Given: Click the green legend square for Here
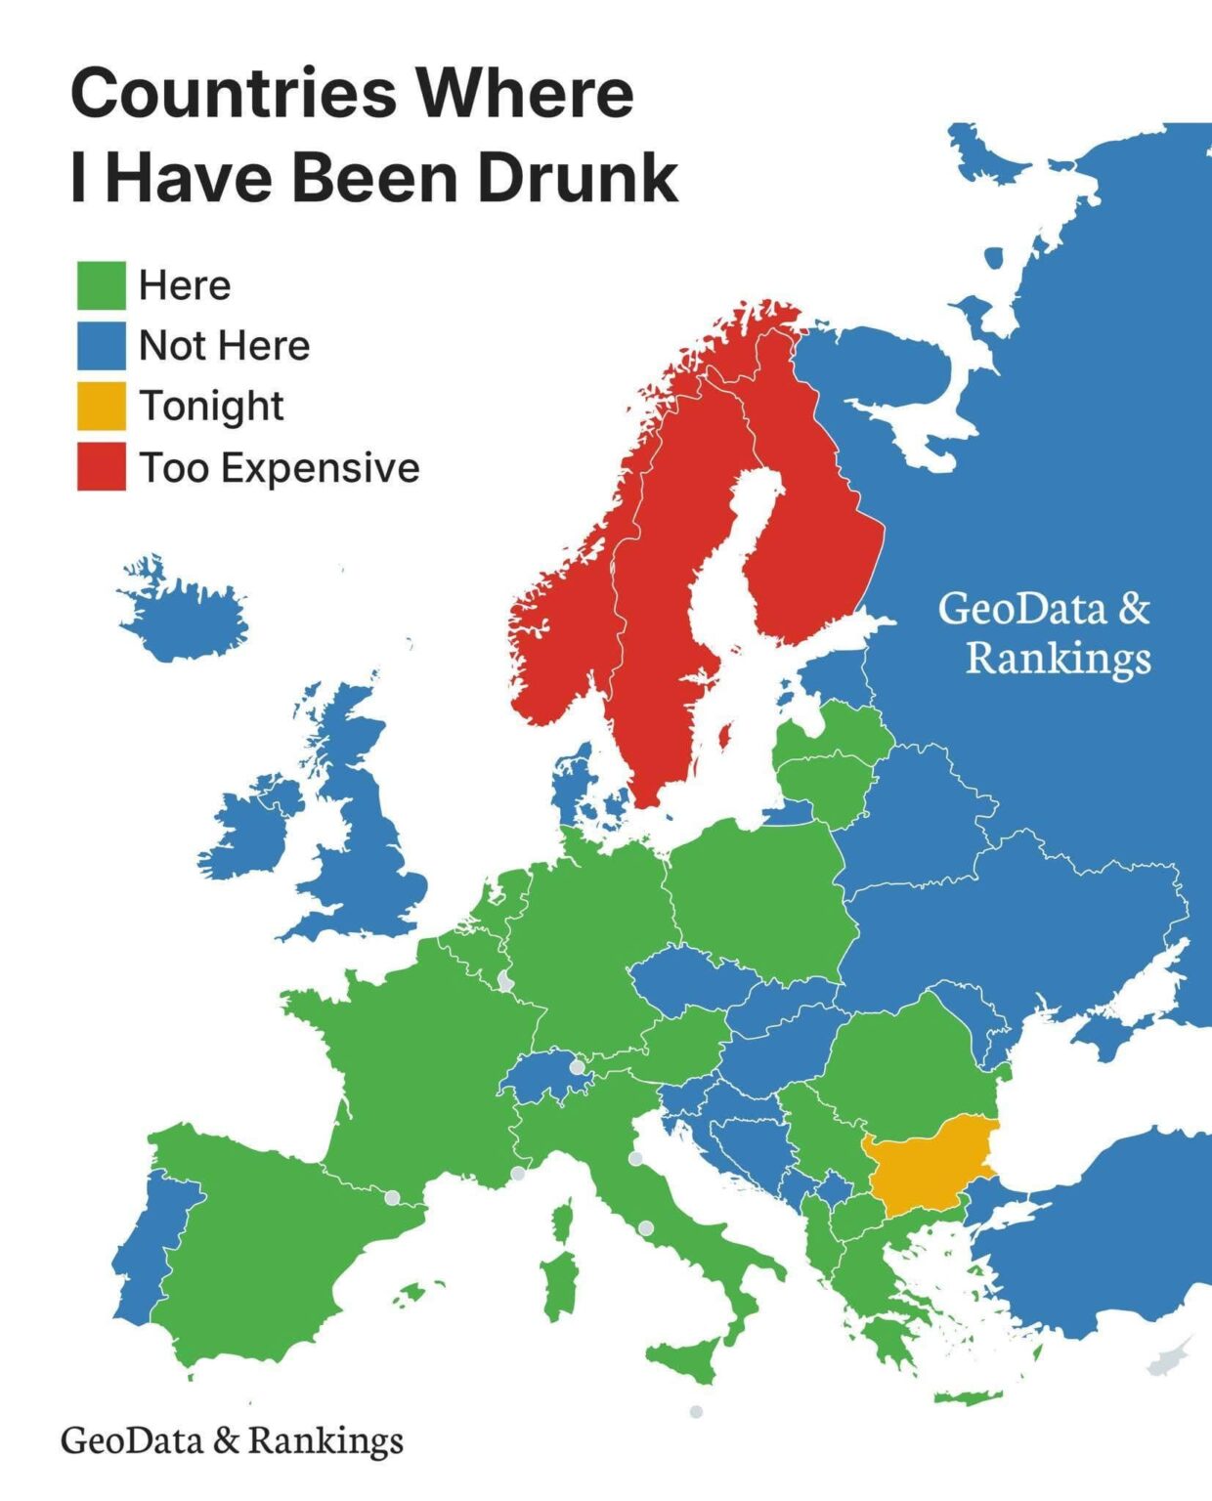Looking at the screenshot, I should pos(102,285).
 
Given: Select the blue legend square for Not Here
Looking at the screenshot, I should pos(102,346).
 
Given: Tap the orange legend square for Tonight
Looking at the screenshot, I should pos(102,407).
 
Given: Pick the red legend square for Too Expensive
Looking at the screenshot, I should pos(102,467).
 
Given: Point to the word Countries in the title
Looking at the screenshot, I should pos(235,94).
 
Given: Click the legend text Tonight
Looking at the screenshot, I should pos(211,407).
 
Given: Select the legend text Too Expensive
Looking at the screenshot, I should pos(280,468).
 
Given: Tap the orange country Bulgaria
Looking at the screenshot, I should pos(929,1163).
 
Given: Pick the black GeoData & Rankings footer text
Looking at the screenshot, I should pos(232,1439).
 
